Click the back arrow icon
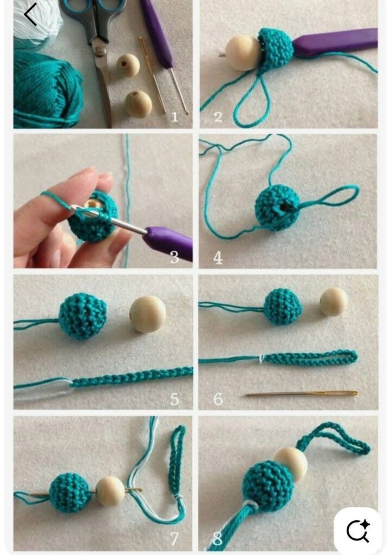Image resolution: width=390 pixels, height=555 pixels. (30, 15)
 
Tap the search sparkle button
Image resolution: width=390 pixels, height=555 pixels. (358, 531)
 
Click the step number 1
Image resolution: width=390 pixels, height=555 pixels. (174, 117)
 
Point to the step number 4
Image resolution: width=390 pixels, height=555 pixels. (218, 257)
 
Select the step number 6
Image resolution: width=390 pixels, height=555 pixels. (218, 399)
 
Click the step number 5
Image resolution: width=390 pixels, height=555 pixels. (174, 399)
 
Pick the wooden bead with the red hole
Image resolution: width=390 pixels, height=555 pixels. (128, 65)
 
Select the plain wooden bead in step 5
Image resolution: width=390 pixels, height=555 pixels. (147, 314)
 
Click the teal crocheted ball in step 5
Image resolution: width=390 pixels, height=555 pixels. (82, 316)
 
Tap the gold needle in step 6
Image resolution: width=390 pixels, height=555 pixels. (302, 393)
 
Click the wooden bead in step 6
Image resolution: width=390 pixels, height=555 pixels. (334, 301)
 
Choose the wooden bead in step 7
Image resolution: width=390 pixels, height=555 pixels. (110, 491)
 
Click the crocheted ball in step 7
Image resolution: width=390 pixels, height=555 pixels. (70, 493)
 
